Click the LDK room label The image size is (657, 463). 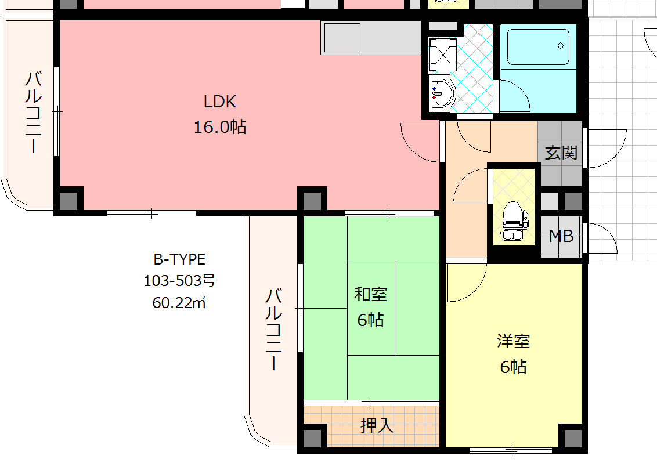coord(220,102)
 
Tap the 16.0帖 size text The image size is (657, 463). coord(220,127)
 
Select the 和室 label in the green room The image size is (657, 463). coord(371,294)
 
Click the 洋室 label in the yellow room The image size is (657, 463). coord(514,341)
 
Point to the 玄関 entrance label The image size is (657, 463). coord(561,153)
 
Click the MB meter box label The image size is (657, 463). coord(561,236)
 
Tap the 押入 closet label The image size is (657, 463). coord(377,426)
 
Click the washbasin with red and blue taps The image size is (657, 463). coord(442,93)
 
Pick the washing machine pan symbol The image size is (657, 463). coord(443,55)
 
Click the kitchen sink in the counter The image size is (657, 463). coord(342,38)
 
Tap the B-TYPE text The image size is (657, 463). coord(179,259)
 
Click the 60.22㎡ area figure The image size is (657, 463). coord(179,302)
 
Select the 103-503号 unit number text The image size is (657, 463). coord(179,281)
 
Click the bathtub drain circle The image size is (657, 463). coord(560,46)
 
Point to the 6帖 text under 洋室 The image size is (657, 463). coord(514,367)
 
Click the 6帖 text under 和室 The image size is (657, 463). coord(371,320)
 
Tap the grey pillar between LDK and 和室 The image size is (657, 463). coord(312,201)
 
